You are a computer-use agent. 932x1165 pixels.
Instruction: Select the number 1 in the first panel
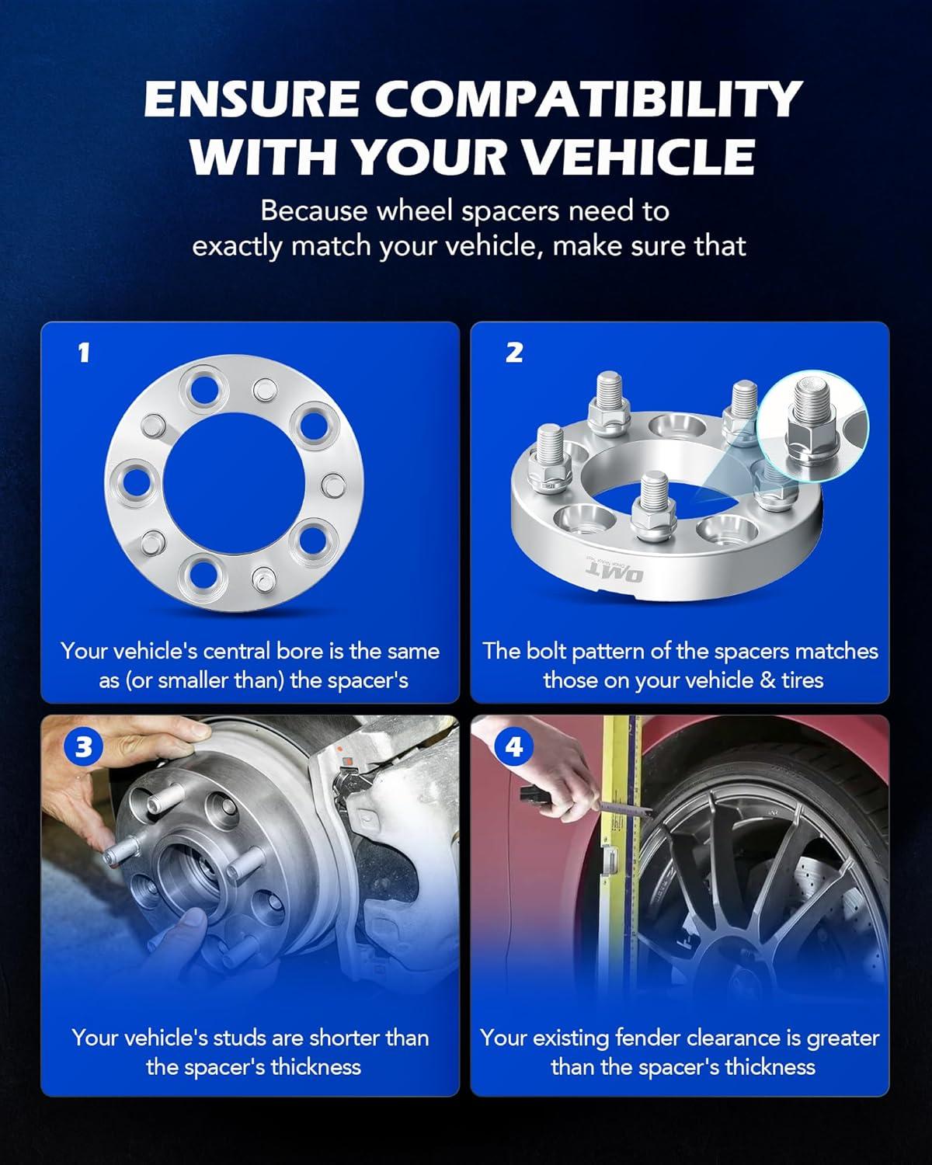coord(83,353)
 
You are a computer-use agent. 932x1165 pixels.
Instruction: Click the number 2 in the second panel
coord(514,353)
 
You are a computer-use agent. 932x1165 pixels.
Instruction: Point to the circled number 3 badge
coord(83,747)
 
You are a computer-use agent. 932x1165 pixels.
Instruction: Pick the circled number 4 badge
coord(513,747)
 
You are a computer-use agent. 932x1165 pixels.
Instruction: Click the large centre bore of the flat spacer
coord(234,483)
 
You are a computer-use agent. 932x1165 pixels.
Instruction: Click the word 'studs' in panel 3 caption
coord(241,1038)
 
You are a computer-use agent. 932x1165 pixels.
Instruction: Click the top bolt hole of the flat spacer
coord(205,389)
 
